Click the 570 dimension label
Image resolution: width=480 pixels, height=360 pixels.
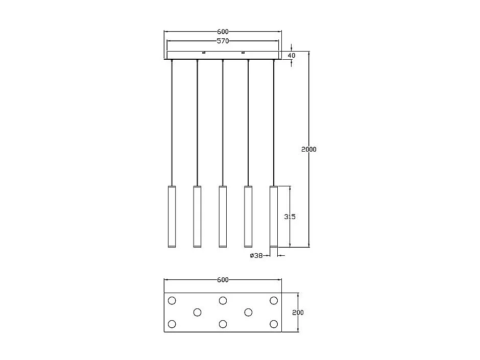(x=223, y=41)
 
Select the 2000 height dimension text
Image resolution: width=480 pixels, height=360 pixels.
(x=308, y=150)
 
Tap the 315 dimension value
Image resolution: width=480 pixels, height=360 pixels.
(x=290, y=217)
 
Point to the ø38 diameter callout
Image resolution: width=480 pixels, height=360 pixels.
(x=256, y=256)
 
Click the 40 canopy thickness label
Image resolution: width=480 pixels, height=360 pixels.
(x=292, y=55)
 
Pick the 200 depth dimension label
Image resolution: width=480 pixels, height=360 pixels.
(x=298, y=313)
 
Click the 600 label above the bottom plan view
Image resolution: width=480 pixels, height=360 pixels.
(x=223, y=280)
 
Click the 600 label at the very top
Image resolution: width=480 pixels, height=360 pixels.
(x=223, y=32)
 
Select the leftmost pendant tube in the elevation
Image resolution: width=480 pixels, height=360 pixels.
(x=172, y=217)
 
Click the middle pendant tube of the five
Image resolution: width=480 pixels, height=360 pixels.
(x=223, y=217)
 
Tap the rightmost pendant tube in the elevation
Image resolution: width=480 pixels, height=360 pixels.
(x=274, y=217)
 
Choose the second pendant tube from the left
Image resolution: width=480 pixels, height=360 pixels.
(x=197, y=217)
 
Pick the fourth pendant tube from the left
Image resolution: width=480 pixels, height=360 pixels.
(x=248, y=217)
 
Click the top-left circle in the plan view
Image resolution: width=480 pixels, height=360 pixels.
(x=172, y=300)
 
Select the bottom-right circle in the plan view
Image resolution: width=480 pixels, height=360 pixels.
(x=274, y=324)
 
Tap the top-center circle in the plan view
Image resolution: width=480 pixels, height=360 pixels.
(x=223, y=300)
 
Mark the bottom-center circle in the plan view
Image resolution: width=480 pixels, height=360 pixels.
(x=223, y=324)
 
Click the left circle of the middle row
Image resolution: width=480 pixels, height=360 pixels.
(x=197, y=312)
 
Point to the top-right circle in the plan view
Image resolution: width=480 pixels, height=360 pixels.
(x=274, y=300)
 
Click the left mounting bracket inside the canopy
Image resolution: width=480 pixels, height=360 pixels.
(x=203, y=52)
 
